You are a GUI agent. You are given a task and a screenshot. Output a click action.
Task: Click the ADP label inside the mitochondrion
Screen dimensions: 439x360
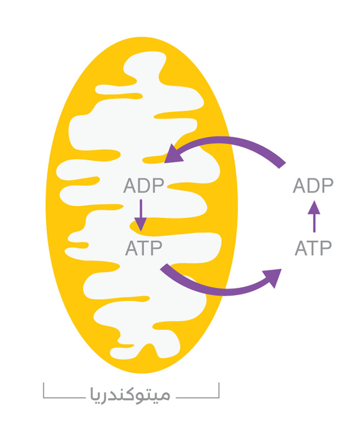[x=143, y=186]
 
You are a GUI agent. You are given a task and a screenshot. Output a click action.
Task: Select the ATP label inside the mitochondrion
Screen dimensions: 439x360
[x=143, y=248]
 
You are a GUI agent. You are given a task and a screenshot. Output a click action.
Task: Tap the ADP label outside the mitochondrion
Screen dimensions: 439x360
[x=313, y=186]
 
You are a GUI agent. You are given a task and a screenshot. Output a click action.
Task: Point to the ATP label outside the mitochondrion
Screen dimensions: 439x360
[x=313, y=249]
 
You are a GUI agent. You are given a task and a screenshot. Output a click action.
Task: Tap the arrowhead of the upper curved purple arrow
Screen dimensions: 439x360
[x=173, y=154]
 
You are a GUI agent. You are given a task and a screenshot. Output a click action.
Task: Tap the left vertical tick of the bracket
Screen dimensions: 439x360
[x=44, y=390]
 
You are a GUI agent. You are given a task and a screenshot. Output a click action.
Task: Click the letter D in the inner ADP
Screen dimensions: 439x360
[x=143, y=186]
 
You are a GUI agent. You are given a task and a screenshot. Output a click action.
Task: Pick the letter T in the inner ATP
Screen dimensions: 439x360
[x=143, y=248]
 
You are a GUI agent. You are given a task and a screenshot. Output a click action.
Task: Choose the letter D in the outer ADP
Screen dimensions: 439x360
[x=313, y=186]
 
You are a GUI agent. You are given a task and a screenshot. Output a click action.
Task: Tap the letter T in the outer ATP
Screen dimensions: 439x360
[x=313, y=249]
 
